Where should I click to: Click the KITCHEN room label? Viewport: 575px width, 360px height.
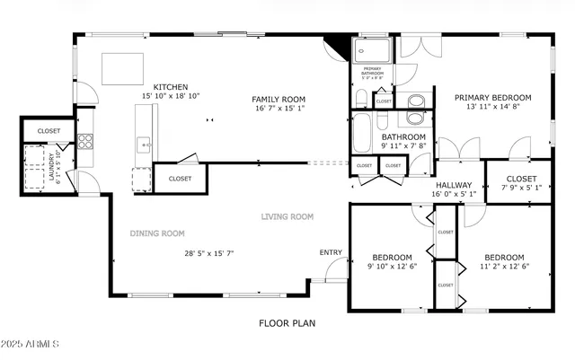point(170,87)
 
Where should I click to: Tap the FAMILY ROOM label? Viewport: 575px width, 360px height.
point(279,100)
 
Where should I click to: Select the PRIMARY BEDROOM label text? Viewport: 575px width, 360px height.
point(492,98)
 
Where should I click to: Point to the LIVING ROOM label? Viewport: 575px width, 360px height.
point(287,216)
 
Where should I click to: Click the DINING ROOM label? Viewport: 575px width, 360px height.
point(157,233)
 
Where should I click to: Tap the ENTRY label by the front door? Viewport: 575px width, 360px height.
point(331,252)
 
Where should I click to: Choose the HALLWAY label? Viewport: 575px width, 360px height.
point(453,184)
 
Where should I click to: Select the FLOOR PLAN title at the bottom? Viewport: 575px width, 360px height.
point(287,322)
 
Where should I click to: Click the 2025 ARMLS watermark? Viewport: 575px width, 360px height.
point(31,344)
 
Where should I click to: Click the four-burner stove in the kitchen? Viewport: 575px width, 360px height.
point(86,141)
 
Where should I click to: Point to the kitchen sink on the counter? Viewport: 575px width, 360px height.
point(142,144)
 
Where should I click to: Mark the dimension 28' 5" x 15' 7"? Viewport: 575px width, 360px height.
point(208,253)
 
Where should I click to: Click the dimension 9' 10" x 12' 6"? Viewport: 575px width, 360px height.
point(392,267)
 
